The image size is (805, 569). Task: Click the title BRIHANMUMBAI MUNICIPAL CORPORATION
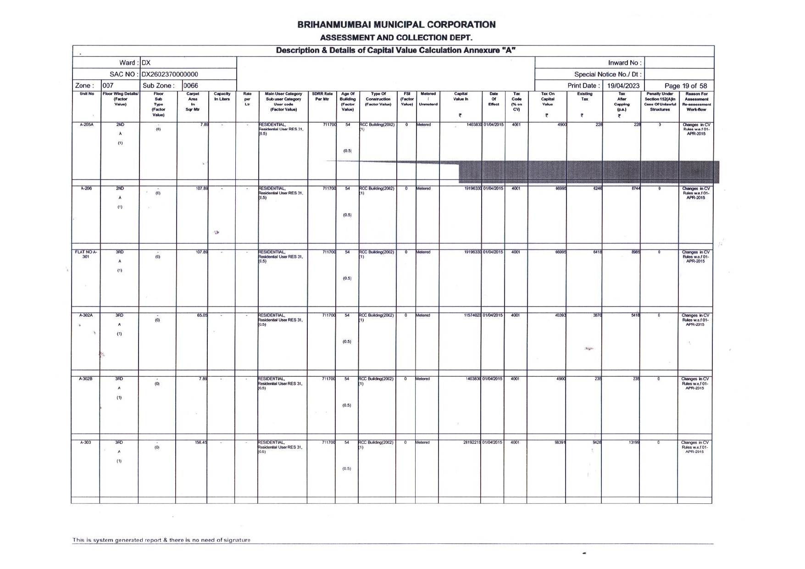(396, 25)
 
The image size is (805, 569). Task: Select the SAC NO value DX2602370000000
(170, 74)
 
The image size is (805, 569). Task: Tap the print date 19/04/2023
(622, 86)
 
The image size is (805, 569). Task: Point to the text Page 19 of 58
(685, 86)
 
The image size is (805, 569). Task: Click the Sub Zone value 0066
(191, 86)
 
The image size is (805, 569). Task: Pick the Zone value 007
(108, 86)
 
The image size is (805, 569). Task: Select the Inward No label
(624, 63)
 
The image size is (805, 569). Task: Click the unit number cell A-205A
(87, 125)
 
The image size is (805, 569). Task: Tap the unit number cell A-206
(86, 189)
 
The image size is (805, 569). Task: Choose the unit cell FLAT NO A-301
(86, 254)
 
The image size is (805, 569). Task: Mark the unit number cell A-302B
(86, 379)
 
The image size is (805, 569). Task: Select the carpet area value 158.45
(201, 443)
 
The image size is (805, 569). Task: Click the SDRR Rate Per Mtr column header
(322, 96)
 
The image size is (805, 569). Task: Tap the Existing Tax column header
(584, 96)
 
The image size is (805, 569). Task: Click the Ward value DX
(146, 63)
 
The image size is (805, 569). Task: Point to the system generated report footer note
(161, 540)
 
